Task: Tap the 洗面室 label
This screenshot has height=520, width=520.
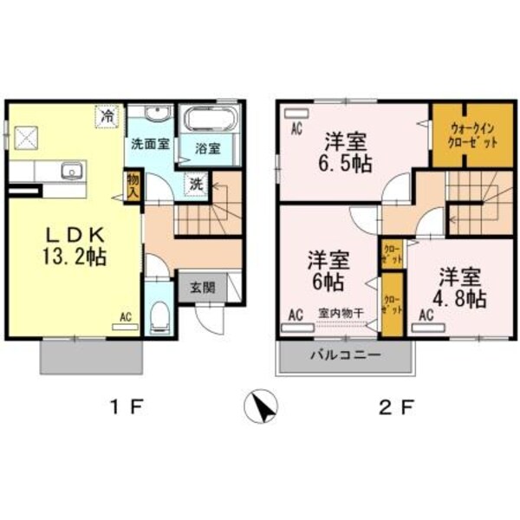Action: click(x=150, y=145)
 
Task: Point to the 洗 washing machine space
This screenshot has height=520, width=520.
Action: click(x=198, y=184)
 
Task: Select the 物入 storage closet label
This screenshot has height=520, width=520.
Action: click(x=133, y=185)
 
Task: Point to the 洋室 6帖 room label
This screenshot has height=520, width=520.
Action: click(x=327, y=270)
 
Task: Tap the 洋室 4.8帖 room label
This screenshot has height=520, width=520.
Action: click(x=459, y=287)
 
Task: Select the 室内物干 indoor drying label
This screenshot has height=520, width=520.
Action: click(x=340, y=315)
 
